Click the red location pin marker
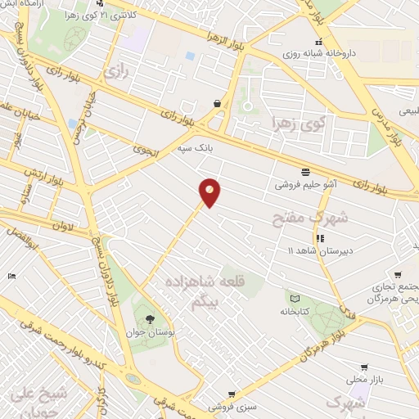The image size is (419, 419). pyautogui.click(x=210, y=191)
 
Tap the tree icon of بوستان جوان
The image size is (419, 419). pyautogui.click(x=148, y=319)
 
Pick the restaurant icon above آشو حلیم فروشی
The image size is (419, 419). pyautogui.click(x=305, y=173)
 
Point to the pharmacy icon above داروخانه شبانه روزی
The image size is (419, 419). pyautogui.click(x=318, y=43)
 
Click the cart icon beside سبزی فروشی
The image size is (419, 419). pyautogui.click(x=232, y=394)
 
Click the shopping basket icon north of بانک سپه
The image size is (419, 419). pyautogui.click(x=216, y=104)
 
